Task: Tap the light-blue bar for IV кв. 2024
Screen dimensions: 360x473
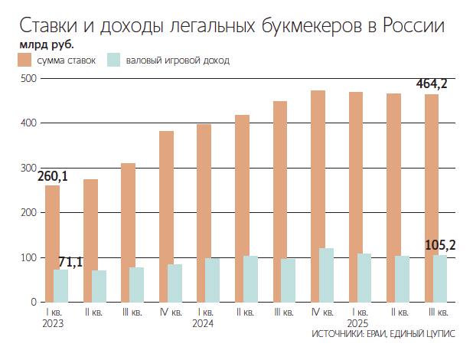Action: coord(326,275)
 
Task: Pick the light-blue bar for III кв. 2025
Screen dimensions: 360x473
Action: coord(440,278)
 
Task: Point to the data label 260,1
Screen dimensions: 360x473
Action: coord(53,176)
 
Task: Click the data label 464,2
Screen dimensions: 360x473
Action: coord(431,83)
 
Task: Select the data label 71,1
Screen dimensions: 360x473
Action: coord(71,263)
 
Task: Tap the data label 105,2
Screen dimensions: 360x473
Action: coord(440,245)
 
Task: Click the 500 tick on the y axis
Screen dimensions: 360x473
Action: coord(28,78)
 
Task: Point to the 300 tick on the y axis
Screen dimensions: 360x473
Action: coord(28,168)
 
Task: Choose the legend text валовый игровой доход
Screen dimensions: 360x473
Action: coord(177,60)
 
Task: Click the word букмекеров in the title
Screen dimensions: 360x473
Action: coord(307,26)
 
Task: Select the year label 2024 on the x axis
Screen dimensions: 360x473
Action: coord(203,323)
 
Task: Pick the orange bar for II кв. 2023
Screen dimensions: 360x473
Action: coord(90,241)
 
